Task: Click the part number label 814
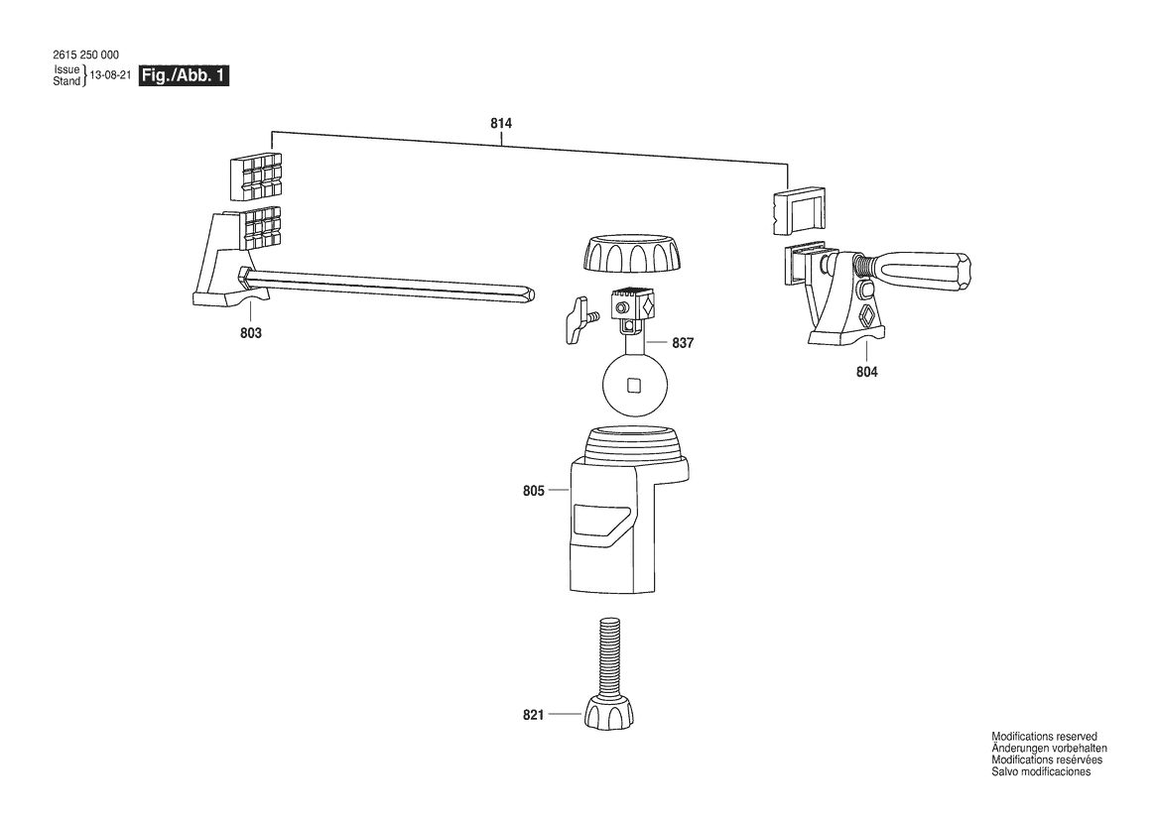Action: point(501,123)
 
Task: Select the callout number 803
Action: point(251,333)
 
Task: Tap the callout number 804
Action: point(867,373)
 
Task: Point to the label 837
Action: point(683,343)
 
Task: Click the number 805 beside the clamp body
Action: point(534,491)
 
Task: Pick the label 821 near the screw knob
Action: point(534,715)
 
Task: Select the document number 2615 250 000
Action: point(85,55)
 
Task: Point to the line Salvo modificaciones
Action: point(1041,771)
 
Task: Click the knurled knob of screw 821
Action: point(609,713)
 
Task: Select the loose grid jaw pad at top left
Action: point(254,177)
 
